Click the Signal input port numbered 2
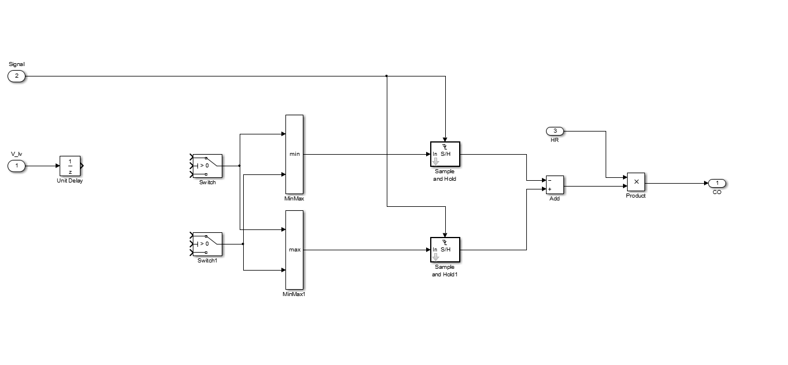(16, 76)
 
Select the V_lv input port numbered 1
(16, 166)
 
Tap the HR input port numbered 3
(555, 131)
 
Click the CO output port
(717, 183)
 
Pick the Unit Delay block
(70, 165)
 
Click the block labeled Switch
(207, 165)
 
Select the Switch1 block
(207, 244)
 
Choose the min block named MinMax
(294, 154)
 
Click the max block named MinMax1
(294, 250)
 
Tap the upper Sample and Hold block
(445, 154)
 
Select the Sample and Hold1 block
(445, 250)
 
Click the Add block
(555, 185)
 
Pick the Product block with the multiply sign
(636, 182)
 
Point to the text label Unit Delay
(70, 181)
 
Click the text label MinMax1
(294, 294)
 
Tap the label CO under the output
(717, 192)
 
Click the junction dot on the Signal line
(386, 76)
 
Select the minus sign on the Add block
(549, 181)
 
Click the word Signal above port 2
(16, 64)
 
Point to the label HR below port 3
(555, 140)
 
